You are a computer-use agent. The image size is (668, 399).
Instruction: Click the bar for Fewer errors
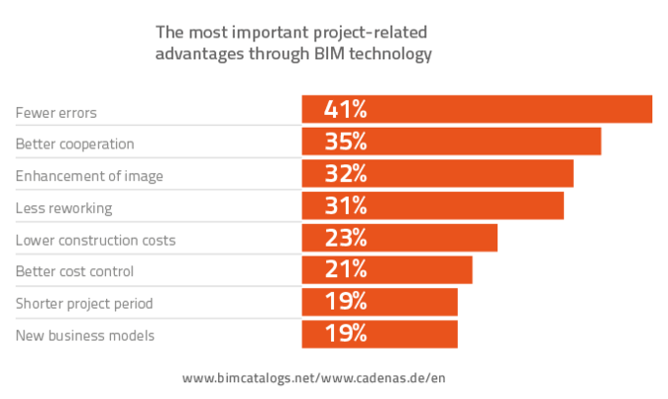click(476, 109)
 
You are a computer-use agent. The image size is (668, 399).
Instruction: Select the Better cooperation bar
click(451, 142)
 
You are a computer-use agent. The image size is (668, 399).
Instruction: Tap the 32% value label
click(346, 174)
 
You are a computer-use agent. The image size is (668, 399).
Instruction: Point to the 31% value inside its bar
click(346, 205)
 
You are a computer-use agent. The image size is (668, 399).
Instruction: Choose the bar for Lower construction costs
click(399, 238)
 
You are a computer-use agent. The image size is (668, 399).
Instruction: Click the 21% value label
click(346, 269)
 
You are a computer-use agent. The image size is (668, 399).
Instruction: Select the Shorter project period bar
click(379, 302)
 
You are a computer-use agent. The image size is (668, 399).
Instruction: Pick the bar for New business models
click(379, 333)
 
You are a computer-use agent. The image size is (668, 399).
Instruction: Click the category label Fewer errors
click(56, 112)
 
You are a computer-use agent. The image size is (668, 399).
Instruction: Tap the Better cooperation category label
click(75, 143)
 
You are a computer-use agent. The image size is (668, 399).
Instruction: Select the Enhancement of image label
click(89, 176)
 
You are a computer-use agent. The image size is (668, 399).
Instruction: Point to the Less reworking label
click(64, 207)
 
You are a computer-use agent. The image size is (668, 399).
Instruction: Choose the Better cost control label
click(75, 271)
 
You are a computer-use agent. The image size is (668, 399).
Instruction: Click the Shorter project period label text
click(84, 303)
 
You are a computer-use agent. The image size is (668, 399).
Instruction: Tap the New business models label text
click(85, 335)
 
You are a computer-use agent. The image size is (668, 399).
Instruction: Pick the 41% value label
click(346, 109)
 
